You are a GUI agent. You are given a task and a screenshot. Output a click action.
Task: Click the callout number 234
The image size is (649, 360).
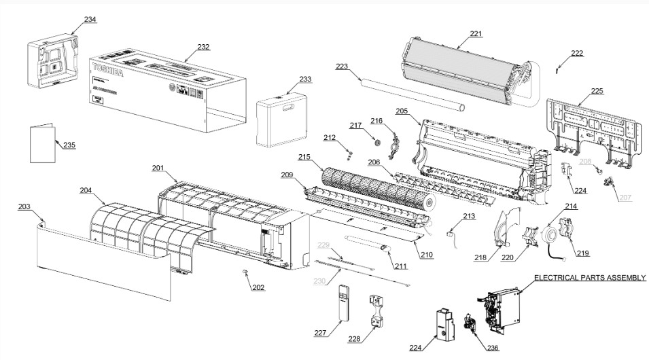click(x=90, y=20)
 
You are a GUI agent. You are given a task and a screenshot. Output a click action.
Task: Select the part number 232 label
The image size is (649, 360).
click(x=203, y=47)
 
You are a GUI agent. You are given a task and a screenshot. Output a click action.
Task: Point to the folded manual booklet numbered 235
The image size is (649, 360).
click(x=42, y=143)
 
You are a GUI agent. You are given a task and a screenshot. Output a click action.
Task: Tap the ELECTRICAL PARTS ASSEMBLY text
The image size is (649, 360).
click(x=589, y=278)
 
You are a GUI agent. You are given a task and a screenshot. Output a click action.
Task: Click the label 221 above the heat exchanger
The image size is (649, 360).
click(x=476, y=33)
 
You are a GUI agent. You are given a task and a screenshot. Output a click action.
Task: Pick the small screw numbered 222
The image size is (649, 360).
click(x=558, y=68)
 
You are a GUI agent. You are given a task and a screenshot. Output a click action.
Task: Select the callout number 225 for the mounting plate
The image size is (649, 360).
click(x=597, y=90)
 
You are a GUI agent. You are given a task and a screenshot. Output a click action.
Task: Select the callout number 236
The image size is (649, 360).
click(x=492, y=348)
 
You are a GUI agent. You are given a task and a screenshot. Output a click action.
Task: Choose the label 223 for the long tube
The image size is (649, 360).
click(x=342, y=66)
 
